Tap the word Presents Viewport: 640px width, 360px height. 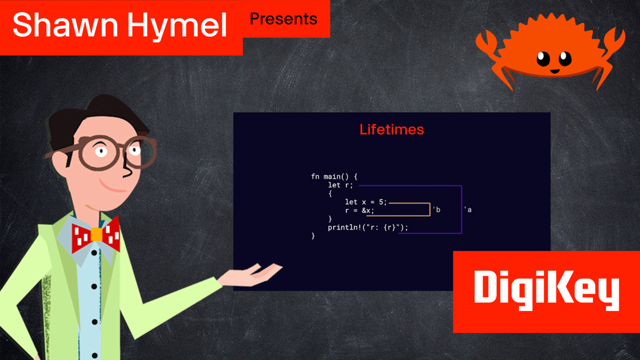(283, 19)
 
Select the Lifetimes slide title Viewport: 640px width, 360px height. (391, 129)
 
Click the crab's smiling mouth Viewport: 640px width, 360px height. (553, 70)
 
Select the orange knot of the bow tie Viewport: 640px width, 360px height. (96, 234)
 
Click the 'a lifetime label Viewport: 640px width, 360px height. (467, 209)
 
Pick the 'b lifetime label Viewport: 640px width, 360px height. (436, 209)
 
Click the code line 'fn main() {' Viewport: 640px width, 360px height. (334, 176)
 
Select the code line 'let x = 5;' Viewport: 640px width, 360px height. (365, 202)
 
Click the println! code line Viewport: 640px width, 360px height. (368, 227)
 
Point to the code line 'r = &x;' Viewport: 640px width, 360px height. (359, 210)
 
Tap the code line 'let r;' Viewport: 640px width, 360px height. (340, 185)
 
